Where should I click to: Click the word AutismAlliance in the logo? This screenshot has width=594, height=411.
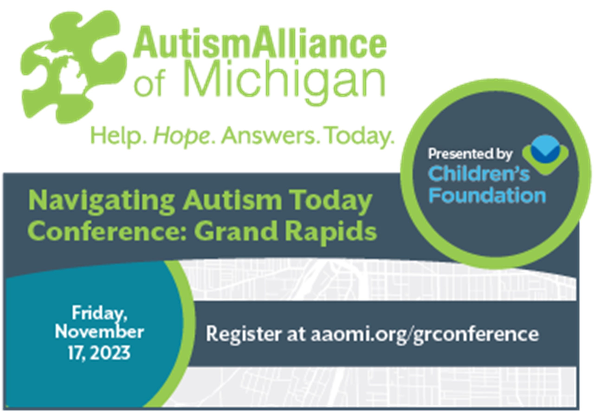(260, 41)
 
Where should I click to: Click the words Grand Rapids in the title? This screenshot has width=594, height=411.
(285, 231)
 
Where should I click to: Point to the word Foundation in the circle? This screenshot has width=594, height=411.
(487, 196)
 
